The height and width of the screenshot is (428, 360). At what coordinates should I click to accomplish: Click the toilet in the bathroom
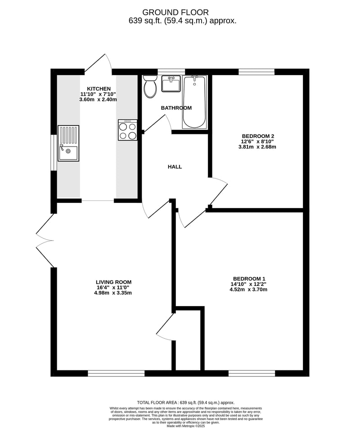pyautogui.click(x=150, y=86)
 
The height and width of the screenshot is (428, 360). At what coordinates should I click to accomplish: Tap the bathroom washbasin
pyautogui.click(x=171, y=84)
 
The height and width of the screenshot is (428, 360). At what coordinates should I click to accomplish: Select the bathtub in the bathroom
pyautogui.click(x=194, y=102)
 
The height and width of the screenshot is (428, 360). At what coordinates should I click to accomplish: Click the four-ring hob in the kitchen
pyautogui.click(x=127, y=130)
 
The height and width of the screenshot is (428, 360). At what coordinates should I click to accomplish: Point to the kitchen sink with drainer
pyautogui.click(x=68, y=143)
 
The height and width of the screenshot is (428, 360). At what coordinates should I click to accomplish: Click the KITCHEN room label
pyautogui.click(x=99, y=89)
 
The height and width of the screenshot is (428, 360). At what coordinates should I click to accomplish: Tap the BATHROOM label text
pyautogui.click(x=176, y=108)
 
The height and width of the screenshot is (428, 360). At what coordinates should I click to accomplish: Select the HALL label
pyautogui.click(x=175, y=167)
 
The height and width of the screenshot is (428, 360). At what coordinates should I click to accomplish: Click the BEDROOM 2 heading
pyautogui.click(x=258, y=136)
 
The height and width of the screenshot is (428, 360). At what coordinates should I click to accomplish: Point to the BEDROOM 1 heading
pyautogui.click(x=249, y=279)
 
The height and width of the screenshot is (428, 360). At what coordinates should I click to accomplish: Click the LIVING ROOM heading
pyautogui.click(x=114, y=282)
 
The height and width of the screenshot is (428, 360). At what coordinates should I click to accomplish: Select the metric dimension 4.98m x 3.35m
pyautogui.click(x=113, y=293)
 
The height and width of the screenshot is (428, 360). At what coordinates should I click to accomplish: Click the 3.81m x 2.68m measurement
pyautogui.click(x=257, y=147)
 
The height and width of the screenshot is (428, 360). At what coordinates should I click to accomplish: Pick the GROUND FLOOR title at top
pyautogui.click(x=175, y=12)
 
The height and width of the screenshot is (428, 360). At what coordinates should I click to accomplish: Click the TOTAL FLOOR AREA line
pyautogui.click(x=186, y=403)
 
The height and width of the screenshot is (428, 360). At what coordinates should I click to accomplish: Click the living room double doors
pyautogui.click(x=45, y=240)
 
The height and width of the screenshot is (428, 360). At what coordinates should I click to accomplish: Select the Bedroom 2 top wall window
pyautogui.click(x=256, y=72)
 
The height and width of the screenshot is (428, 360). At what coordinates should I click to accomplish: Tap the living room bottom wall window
pyautogui.click(x=116, y=373)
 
